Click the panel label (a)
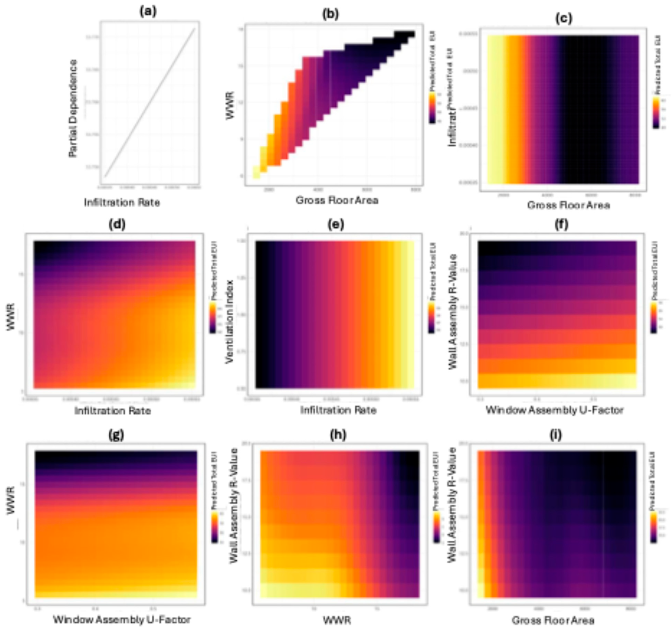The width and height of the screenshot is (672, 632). tap(148, 12)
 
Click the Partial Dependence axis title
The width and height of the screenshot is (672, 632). tap(73, 108)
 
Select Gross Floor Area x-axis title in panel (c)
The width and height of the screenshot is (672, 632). tap(569, 205)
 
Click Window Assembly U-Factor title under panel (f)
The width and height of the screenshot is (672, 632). tap(554, 410)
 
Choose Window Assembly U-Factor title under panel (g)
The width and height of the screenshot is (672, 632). tap(122, 620)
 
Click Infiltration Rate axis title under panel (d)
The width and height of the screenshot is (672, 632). tap(113, 411)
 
